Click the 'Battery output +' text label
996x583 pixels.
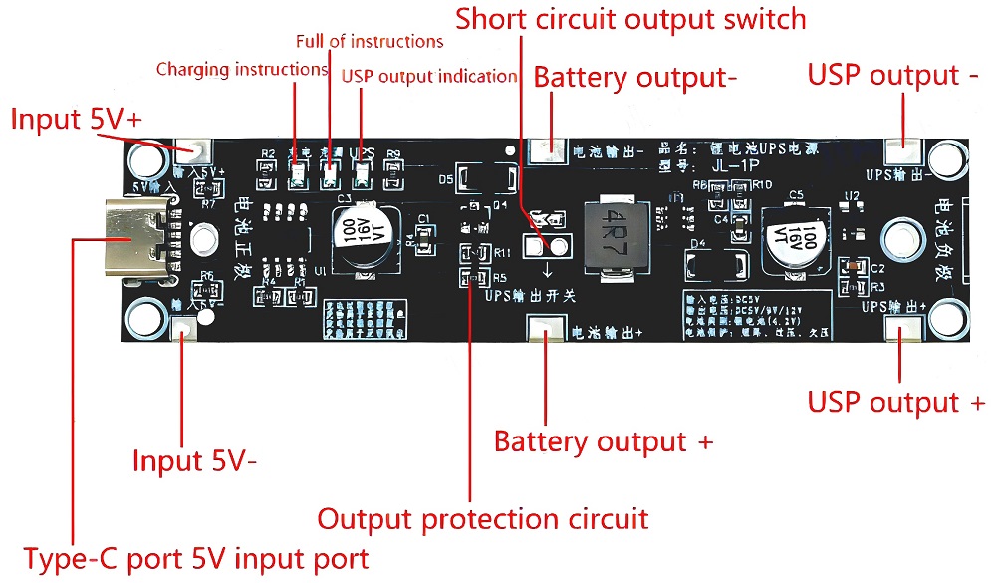(x=604, y=441)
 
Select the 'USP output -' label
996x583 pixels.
(x=892, y=76)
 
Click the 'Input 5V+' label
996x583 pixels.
(x=76, y=120)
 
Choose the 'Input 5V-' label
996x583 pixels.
(x=195, y=462)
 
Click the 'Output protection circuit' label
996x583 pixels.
(x=482, y=519)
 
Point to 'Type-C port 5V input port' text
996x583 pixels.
(x=195, y=558)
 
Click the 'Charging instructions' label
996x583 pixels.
(x=242, y=69)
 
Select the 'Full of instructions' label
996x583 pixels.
(x=370, y=42)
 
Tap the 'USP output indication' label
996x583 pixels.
(x=429, y=76)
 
